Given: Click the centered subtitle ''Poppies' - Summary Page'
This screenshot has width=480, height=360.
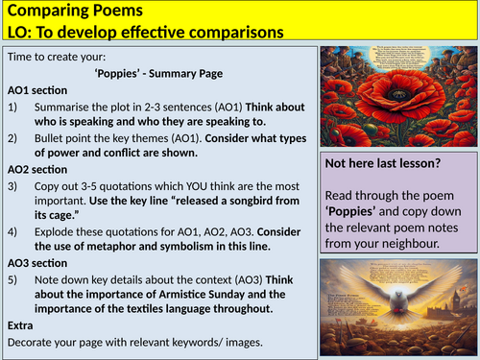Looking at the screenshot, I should coord(157,73).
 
